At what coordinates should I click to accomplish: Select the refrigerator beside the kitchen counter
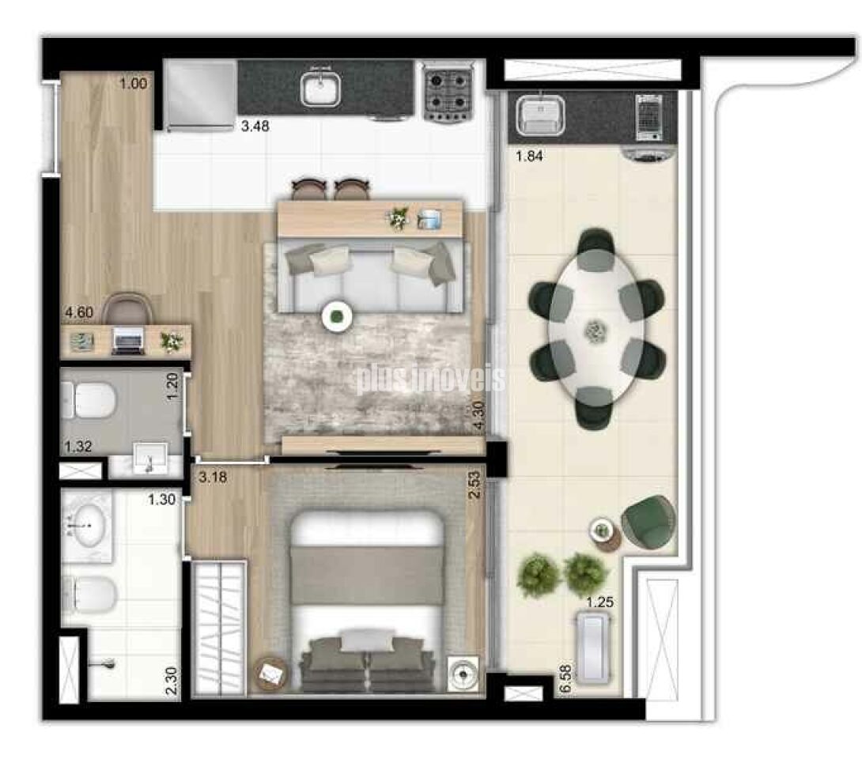coord(201,93)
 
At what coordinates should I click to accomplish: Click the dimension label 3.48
coord(256,125)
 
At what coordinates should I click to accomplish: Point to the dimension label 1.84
coord(531,156)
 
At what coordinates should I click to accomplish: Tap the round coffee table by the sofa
coord(337,317)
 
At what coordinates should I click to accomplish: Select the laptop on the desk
coord(127,342)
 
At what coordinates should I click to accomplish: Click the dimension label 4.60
coord(79,312)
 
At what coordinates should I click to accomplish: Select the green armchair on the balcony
coord(648,520)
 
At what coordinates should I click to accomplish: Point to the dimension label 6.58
coord(565,680)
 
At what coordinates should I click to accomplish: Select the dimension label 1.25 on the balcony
coord(600,602)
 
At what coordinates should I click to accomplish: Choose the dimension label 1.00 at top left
coord(134,83)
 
